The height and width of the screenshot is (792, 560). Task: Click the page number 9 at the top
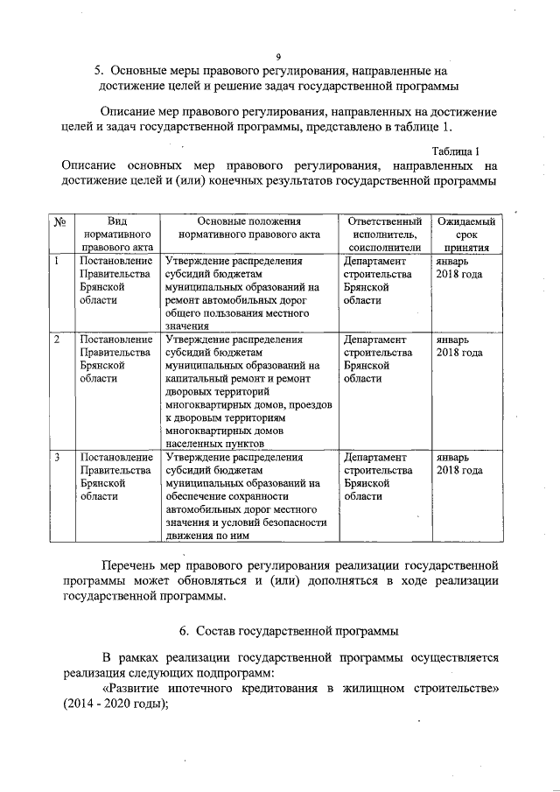278,57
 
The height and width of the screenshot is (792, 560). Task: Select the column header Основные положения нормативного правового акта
248,235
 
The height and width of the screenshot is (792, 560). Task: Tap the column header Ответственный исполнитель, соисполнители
384,235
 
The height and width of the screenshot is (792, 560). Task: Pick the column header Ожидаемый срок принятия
465,235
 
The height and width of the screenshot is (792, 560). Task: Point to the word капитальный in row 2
199,378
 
